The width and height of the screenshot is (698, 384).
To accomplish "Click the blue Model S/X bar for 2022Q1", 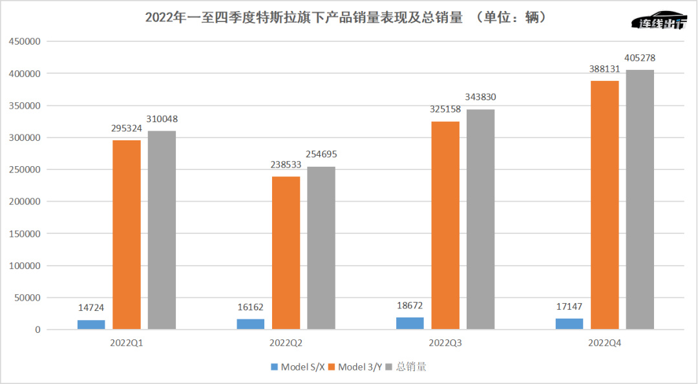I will pos(91,325).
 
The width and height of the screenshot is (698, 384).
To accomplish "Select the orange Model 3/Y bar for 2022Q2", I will pos(286,253).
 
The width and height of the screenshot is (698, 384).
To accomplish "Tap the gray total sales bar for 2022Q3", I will pos(480,219).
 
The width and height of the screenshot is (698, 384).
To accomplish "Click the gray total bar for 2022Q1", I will pos(162,230).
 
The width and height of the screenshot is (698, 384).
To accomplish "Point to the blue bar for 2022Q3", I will pos(410,323).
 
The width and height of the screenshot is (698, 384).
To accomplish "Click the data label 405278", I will pos(640,58).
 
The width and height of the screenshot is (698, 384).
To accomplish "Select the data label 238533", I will pos(286,165).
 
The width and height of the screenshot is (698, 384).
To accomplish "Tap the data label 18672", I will pos(410,306).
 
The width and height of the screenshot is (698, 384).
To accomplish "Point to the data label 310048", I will pos(162,119).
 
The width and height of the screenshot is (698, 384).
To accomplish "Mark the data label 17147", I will pos(569,307).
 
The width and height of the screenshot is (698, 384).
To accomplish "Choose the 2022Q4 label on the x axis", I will pos(605,342).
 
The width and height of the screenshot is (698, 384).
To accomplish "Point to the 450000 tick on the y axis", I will pos(24,42).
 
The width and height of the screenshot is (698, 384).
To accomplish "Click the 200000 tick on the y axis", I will pos(24,202).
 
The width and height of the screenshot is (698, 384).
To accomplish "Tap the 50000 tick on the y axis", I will pos(26,298).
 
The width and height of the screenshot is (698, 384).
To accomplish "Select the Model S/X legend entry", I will pos(298,367).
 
